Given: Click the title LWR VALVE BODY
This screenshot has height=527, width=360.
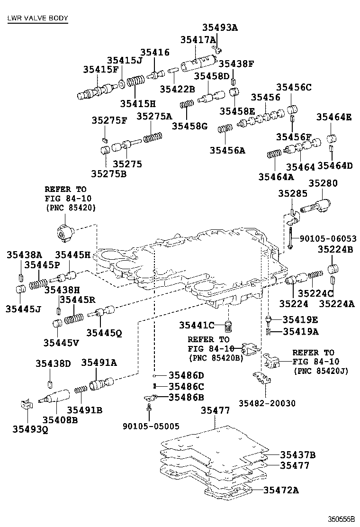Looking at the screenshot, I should [x=37, y=18].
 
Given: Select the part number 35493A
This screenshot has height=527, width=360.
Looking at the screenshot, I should [x=220, y=27].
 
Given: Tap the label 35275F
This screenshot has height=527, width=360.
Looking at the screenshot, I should [x=109, y=120].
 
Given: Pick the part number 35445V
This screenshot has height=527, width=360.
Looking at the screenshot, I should [x=61, y=342].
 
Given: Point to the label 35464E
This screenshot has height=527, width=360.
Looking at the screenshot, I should [x=334, y=118].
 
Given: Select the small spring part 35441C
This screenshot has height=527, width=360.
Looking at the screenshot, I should [x=229, y=327].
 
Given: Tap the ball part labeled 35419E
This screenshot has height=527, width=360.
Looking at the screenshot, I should [x=268, y=319].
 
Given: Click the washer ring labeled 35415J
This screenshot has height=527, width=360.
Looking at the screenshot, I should [x=122, y=83].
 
